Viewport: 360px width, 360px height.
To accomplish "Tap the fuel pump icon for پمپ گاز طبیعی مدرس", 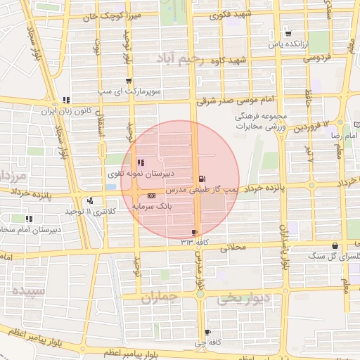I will [x=203, y=179].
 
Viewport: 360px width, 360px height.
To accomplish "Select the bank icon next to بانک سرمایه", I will [x=152, y=195].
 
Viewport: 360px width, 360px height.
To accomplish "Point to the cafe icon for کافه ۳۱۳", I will [x=195, y=231].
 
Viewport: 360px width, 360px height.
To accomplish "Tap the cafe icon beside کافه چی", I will [x=207, y=332].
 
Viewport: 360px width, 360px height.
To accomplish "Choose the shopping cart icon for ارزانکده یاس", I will [x=288, y=33].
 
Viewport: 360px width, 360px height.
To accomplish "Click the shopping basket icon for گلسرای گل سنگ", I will [x=334, y=246].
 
